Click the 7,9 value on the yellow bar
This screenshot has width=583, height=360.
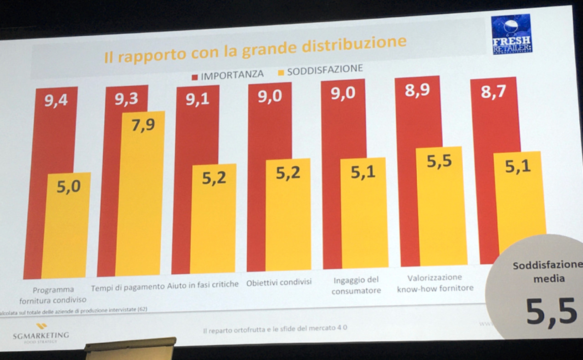[x=143, y=125]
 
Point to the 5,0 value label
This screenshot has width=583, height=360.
[x=68, y=187]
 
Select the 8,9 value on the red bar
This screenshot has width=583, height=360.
[x=417, y=90]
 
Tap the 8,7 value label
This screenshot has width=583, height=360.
[x=493, y=93]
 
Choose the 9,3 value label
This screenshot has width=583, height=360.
[x=126, y=99]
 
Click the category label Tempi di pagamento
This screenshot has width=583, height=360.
[x=128, y=288]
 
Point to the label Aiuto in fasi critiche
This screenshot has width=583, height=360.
[x=203, y=284]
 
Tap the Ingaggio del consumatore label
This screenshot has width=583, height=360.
[x=356, y=285]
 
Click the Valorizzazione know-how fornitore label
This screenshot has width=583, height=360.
[x=435, y=283]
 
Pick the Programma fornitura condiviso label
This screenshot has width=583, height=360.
[x=53, y=295]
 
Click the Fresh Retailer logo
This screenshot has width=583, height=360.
[x=511, y=34]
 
